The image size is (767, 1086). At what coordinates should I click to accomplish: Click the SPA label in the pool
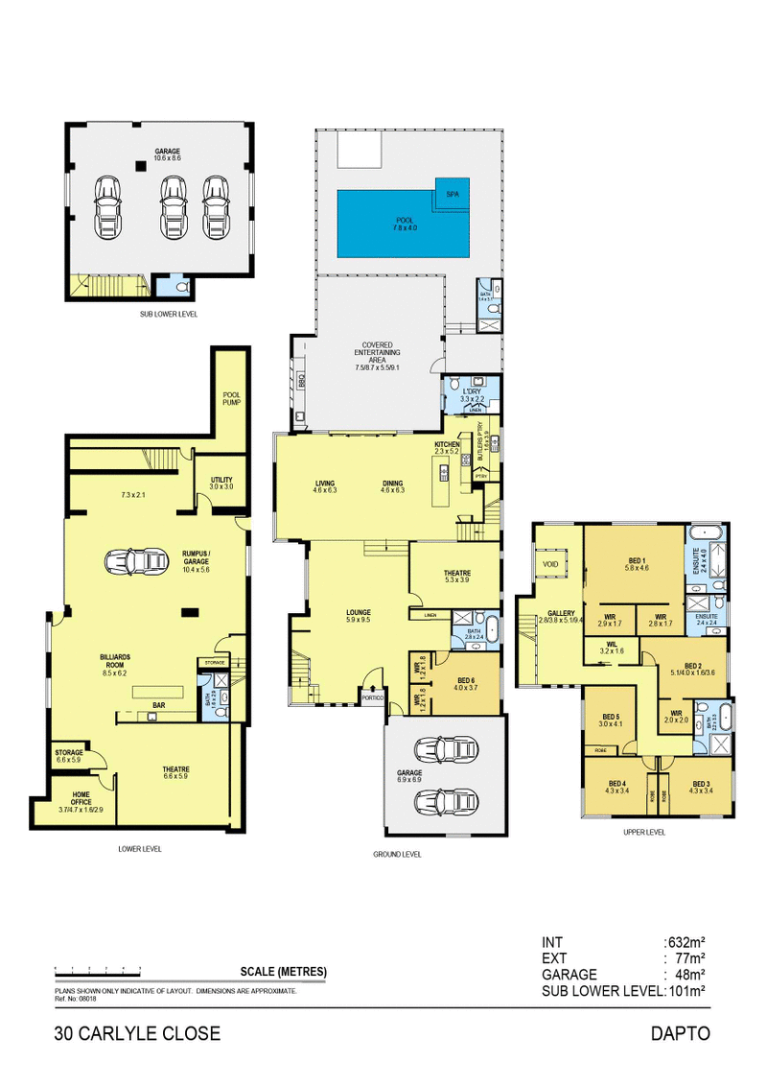[453, 194]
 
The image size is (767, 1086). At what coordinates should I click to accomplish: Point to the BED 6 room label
[466, 681]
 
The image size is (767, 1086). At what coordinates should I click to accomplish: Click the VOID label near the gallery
[550, 563]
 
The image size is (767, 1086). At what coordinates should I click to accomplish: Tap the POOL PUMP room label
[231, 397]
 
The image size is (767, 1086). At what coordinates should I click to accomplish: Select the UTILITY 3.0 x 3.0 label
[221, 483]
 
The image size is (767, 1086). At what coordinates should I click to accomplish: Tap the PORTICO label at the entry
[373, 697]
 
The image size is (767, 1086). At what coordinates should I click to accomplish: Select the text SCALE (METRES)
[285, 972]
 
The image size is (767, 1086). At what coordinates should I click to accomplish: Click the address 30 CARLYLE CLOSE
[137, 1033]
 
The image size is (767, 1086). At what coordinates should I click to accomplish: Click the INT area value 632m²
[686, 942]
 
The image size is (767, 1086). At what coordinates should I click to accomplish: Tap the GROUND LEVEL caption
[396, 854]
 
